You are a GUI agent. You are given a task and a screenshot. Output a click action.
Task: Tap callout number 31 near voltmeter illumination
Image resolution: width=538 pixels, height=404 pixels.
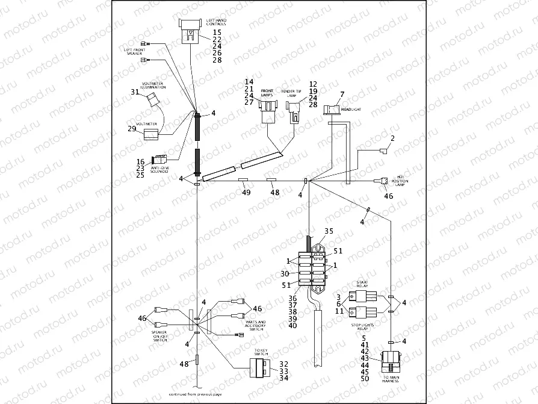135,92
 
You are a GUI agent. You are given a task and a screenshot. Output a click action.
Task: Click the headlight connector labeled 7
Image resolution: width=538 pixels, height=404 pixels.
331,110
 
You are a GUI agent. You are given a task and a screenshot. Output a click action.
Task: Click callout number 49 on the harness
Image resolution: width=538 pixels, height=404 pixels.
246,193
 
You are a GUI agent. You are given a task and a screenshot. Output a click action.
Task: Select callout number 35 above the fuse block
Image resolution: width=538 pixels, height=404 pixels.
329,231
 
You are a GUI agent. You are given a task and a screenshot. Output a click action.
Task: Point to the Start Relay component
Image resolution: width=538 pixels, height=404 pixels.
365,296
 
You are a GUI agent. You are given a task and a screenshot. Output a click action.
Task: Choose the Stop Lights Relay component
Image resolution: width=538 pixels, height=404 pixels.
365,313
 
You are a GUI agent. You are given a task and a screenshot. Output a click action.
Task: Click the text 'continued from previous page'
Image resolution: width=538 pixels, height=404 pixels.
196,394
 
